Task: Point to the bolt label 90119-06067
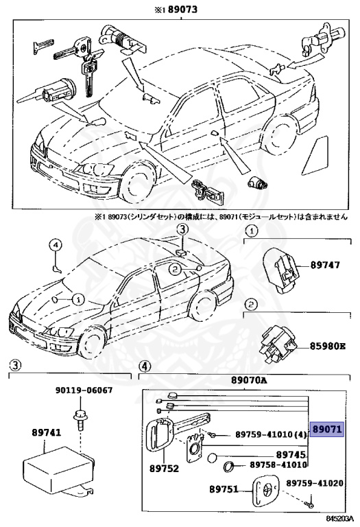(x=84, y=390)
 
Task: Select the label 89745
(x=290, y=454)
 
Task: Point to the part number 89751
(x=223, y=489)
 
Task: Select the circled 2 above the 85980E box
(x=251, y=304)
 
